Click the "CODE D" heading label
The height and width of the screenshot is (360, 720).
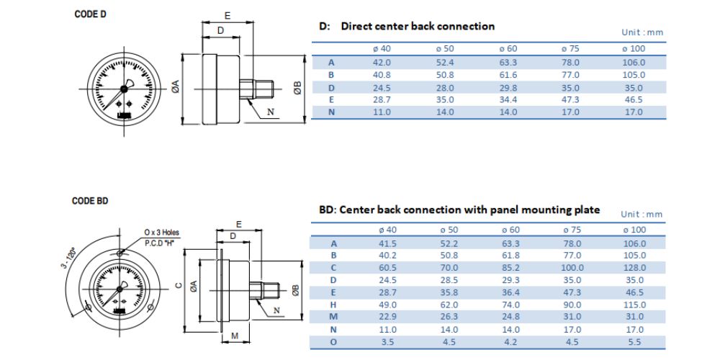pyautogui.click(x=89, y=14)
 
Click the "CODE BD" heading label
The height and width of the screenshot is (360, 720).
pyautogui.click(x=90, y=201)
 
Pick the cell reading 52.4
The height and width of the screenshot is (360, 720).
pyautogui.click(x=444, y=63)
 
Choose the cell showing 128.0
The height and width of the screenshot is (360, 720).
pyautogui.click(x=634, y=267)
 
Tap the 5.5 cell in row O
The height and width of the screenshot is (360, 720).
pyautogui.click(x=634, y=341)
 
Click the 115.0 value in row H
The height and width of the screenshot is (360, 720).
pyautogui.click(x=634, y=304)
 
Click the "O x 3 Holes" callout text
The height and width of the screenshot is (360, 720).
pyautogui.click(x=162, y=233)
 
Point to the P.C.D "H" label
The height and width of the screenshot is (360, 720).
pyautogui.click(x=161, y=243)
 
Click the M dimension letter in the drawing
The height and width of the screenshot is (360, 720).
pyautogui.click(x=234, y=336)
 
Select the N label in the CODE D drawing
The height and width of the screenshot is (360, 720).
pyautogui.click(x=271, y=112)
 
